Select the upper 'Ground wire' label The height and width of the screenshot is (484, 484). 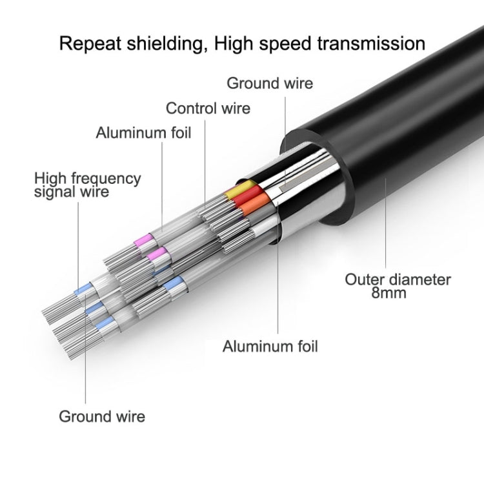[270, 83]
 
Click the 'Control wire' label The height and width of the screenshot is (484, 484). [208, 108]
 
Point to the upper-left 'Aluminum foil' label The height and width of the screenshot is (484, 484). [143, 133]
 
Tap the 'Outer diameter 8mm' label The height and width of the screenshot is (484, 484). [398, 287]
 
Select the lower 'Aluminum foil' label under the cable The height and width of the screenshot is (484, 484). [270, 346]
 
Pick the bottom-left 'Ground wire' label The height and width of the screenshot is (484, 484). [102, 416]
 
